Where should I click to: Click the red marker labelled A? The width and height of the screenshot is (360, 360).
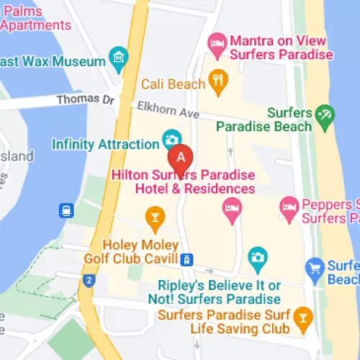(181, 156)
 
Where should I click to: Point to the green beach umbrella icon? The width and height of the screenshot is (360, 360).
(326, 113)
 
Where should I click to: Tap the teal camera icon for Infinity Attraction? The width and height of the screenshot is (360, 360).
(171, 138)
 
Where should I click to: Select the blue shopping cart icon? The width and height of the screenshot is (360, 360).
(313, 269)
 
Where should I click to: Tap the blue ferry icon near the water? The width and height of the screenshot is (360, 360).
(67, 210)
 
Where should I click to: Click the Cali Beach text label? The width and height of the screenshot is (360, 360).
(173, 84)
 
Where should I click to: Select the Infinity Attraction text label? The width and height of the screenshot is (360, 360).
(101, 144)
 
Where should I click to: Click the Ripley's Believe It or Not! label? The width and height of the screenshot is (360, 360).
(215, 292)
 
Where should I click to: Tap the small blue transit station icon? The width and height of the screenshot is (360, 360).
(187, 259)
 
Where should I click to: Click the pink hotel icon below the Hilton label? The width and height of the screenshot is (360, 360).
(232, 210)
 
